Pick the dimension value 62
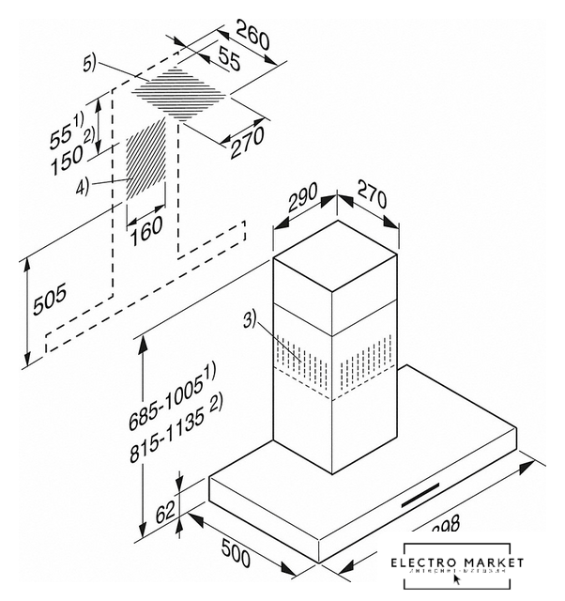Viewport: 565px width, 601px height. click(166, 513)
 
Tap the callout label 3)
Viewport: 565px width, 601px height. click(249, 320)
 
